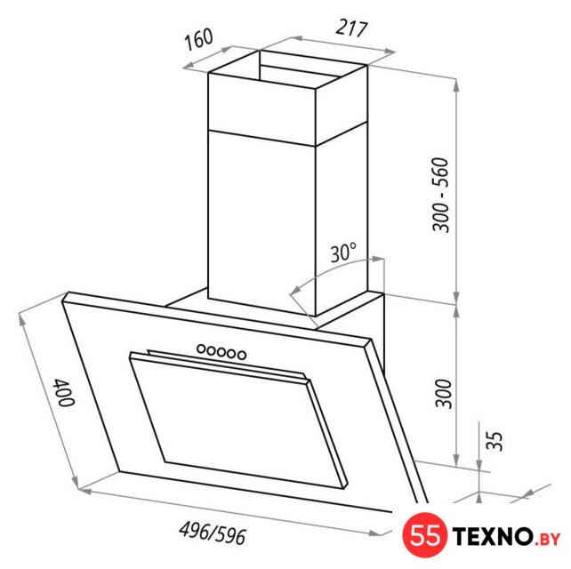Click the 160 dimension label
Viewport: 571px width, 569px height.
[x=198, y=38]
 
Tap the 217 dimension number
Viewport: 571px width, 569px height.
[x=351, y=28]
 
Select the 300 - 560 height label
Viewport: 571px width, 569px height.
[x=440, y=195]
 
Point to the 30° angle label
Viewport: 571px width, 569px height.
[x=343, y=252]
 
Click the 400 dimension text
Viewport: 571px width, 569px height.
[x=64, y=392]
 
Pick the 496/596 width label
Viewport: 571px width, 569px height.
[x=213, y=533]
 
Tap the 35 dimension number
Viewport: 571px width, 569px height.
[x=495, y=441]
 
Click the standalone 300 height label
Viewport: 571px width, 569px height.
[x=444, y=394]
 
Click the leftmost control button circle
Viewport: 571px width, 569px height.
[x=201, y=349]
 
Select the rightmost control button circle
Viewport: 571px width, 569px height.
[x=241, y=354]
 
